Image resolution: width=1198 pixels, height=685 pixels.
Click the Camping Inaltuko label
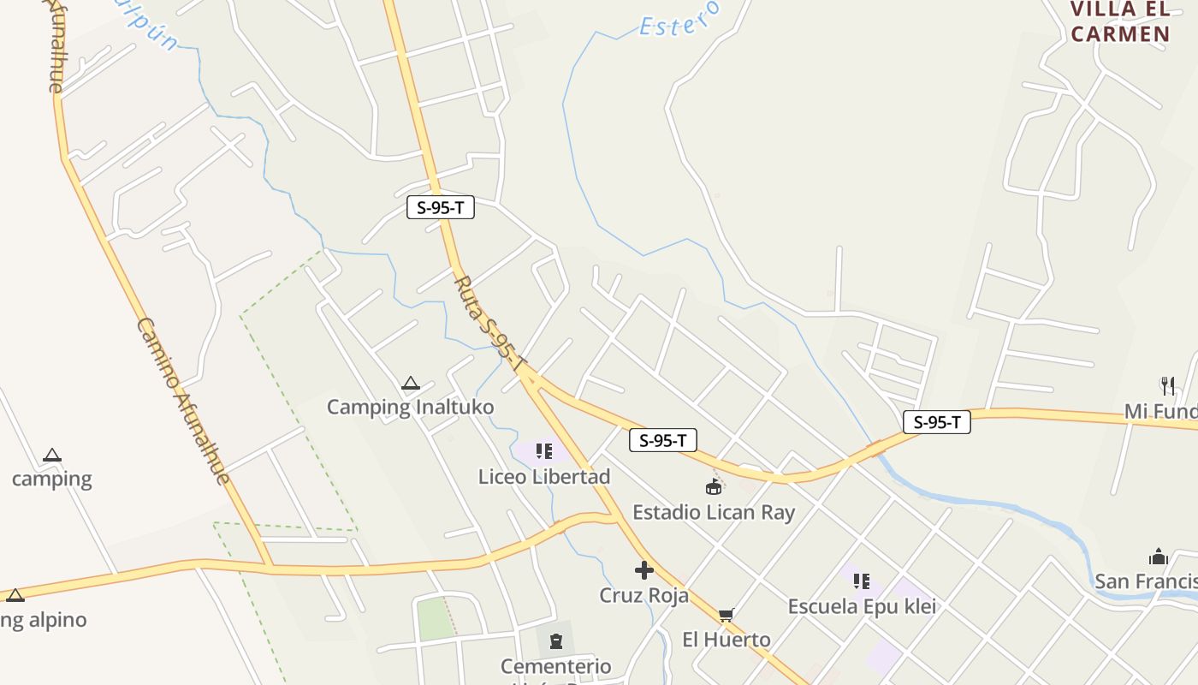tap(410, 407)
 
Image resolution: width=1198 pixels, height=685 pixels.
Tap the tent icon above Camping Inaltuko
tap(411, 384)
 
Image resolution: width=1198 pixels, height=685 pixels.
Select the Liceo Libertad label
tap(544, 477)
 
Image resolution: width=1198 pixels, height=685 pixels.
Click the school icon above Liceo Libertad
tap(544, 450)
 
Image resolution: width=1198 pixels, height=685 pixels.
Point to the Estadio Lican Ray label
tap(714, 513)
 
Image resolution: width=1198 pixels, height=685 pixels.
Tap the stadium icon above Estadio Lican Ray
tap(714, 487)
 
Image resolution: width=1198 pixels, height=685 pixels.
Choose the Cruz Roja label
tap(643, 595)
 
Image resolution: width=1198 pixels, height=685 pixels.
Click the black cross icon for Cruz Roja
tap(644, 570)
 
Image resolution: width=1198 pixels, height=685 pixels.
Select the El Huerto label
tap(726, 640)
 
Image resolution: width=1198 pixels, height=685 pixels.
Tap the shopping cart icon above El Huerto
tap(727, 615)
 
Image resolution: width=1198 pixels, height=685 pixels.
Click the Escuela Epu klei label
tap(862, 607)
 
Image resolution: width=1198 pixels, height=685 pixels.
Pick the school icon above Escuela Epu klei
tap(862, 581)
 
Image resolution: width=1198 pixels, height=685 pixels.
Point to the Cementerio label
tap(556, 666)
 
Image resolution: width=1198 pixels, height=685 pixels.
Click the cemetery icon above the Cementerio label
tap(556, 640)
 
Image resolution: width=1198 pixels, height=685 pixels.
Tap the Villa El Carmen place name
tap(1120, 22)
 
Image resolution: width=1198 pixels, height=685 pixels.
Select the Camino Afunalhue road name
tap(183, 401)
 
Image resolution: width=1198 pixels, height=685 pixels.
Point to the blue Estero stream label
tap(680, 19)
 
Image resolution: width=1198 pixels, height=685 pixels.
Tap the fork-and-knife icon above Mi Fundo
tap(1167, 386)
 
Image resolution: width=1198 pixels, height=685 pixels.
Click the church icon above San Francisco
tap(1159, 557)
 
